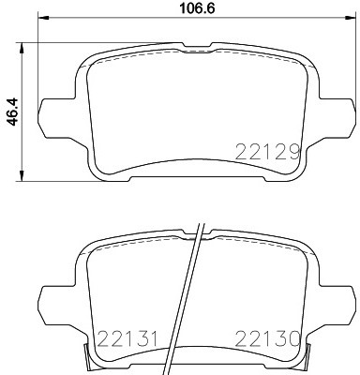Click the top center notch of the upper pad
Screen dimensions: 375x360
point(196,47)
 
